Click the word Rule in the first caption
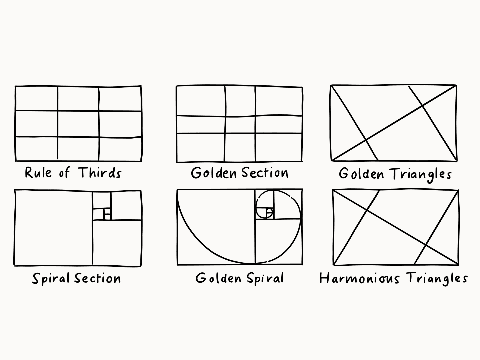(38, 173)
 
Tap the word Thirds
(99, 173)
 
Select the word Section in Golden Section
(265, 173)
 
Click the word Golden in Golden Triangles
(361, 174)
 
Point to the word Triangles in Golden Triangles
(420, 175)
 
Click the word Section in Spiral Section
(97, 278)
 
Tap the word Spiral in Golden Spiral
(265, 279)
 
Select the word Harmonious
(360, 278)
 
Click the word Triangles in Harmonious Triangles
(437, 279)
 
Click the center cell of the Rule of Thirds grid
(78, 124)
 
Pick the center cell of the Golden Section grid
(240, 125)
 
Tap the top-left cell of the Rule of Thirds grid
(37, 98)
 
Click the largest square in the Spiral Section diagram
(54, 228)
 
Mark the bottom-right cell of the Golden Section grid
(279, 147)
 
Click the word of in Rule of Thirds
(64, 173)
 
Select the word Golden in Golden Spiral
(218, 278)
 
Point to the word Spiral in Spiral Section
(51, 279)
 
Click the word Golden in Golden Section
(214, 173)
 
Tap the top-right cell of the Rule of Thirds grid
(120, 99)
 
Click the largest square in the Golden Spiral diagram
(216, 227)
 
